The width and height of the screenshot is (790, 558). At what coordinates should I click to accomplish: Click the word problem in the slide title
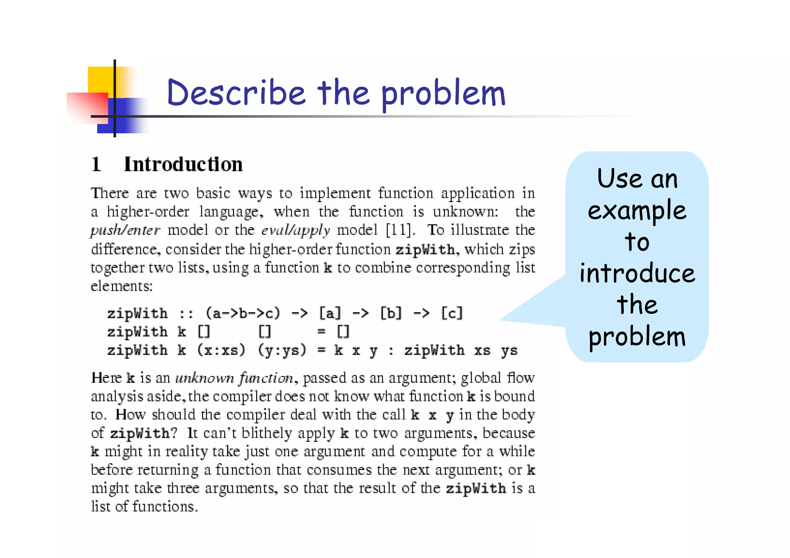tap(443, 94)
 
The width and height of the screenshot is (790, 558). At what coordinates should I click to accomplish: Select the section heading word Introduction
tap(183, 164)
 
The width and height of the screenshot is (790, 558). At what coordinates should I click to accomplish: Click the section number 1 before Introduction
tap(96, 164)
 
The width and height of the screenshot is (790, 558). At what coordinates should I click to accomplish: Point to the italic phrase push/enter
tap(125, 230)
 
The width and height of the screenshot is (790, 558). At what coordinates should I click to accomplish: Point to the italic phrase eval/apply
tap(295, 230)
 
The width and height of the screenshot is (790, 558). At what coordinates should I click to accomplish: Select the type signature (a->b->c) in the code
tap(243, 313)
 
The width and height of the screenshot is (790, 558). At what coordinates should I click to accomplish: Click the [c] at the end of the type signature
tap(451, 313)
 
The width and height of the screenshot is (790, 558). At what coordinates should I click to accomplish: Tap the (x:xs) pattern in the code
tap(221, 350)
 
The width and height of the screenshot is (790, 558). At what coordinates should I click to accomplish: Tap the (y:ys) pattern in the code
tap(282, 350)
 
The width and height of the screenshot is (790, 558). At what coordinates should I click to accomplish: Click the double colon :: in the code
tap(186, 313)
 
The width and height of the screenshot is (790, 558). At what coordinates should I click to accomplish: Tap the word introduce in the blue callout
tap(637, 273)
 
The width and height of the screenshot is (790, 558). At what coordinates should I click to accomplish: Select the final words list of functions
tap(144, 506)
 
